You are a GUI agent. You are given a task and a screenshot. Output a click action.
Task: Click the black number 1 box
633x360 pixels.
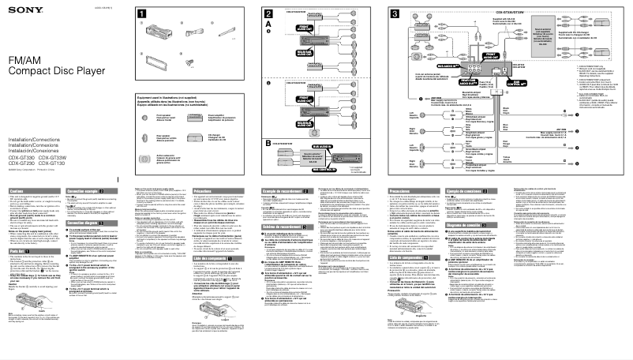tap(140, 14)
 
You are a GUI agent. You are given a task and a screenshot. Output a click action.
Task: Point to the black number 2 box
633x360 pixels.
tap(270, 14)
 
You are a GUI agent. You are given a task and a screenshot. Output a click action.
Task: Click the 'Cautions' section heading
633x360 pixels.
tap(17, 192)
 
